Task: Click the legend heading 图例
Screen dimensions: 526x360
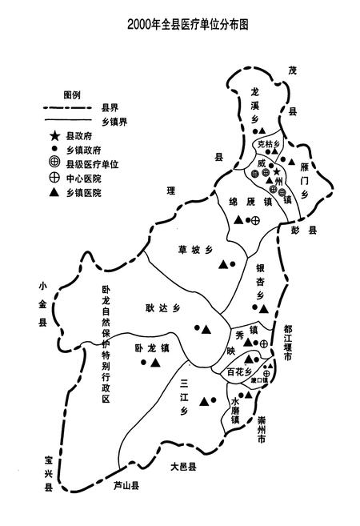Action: coord(72,94)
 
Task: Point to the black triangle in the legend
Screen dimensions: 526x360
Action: coord(54,193)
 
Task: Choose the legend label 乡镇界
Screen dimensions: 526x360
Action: coord(116,120)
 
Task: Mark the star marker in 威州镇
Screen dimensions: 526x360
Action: coord(277,171)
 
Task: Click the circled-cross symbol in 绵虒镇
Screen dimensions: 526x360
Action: coord(256,220)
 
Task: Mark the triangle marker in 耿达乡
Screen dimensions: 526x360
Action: coord(206,328)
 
